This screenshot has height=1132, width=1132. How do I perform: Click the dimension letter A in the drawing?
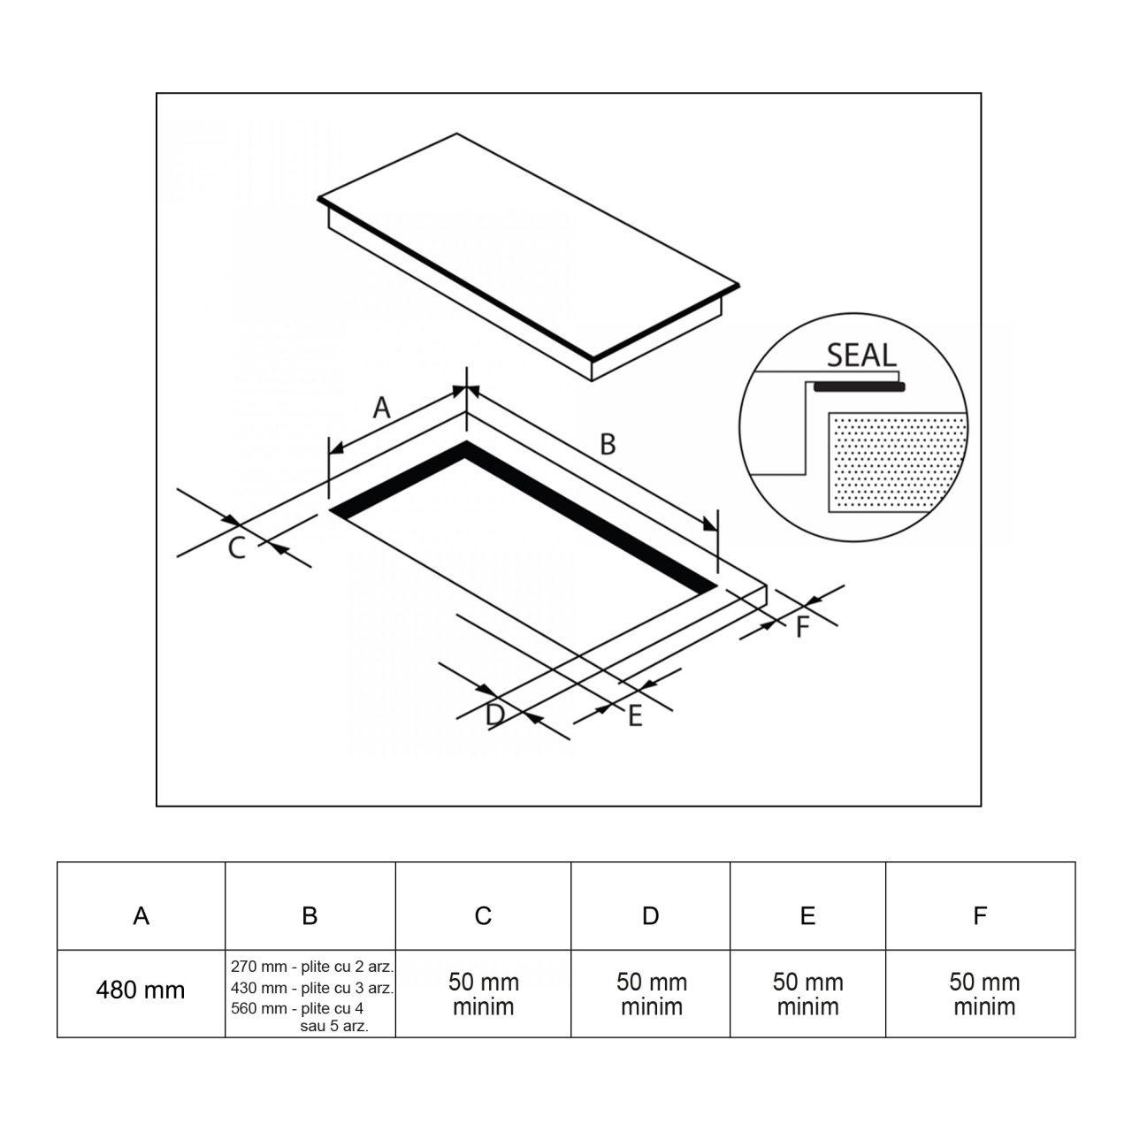click(382, 407)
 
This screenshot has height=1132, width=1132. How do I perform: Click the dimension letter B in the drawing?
click(608, 444)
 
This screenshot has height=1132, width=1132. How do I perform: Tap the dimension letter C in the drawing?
click(237, 548)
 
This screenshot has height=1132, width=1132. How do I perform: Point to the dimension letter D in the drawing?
click(495, 715)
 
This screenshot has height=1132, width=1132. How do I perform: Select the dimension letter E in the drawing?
click(635, 716)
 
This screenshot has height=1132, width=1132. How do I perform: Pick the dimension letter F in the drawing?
click(803, 627)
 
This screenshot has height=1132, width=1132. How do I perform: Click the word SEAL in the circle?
click(861, 356)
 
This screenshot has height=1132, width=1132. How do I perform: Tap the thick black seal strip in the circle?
click(859, 386)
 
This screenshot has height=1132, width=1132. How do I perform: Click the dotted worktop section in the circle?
click(898, 463)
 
